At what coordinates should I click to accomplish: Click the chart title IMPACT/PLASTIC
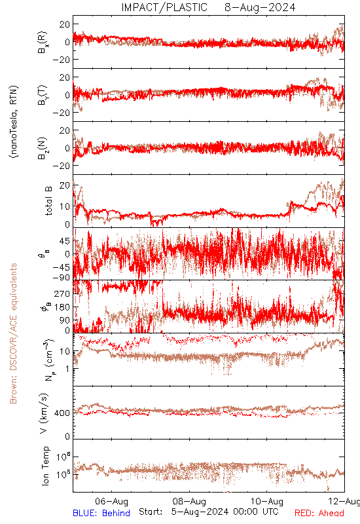click(x=164, y=7)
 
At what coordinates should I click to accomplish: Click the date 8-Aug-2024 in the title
click(x=260, y=7)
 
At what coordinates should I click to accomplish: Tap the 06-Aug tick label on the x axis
click(x=111, y=501)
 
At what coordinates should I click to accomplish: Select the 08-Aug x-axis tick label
click(x=189, y=501)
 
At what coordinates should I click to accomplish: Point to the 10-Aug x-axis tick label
click(x=267, y=501)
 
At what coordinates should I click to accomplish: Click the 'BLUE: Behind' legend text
click(x=101, y=513)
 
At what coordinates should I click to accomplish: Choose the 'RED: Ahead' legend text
click(x=319, y=513)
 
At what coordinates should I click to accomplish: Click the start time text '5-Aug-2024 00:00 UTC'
click(x=225, y=512)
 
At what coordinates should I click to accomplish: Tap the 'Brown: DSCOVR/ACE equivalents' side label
click(x=13, y=333)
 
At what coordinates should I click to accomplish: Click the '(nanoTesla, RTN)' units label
click(x=14, y=122)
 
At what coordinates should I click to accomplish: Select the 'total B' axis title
click(x=48, y=201)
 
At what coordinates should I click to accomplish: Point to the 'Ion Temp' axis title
click(x=45, y=466)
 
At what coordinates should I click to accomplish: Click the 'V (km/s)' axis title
click(x=44, y=413)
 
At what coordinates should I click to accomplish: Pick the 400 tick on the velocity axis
click(x=62, y=413)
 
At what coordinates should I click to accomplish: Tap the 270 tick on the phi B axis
click(x=62, y=293)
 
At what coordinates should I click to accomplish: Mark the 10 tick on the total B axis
click(x=65, y=206)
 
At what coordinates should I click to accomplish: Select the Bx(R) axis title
click(x=43, y=42)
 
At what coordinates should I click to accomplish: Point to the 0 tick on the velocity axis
click(x=68, y=436)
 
